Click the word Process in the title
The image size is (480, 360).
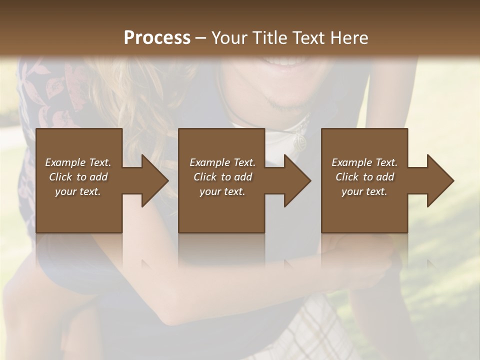pyautogui.click(x=157, y=38)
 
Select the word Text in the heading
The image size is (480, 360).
pyautogui.click(x=308, y=38)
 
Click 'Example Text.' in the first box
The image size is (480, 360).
pyautogui.click(x=78, y=162)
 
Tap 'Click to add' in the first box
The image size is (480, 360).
pyautogui.click(x=78, y=177)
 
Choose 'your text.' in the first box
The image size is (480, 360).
pyautogui.click(x=78, y=191)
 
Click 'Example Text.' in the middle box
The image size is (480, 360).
pyautogui.click(x=222, y=162)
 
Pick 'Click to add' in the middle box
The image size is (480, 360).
pyautogui.click(x=222, y=177)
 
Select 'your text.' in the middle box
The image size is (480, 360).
pyautogui.click(x=222, y=191)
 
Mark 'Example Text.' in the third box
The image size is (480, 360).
pyautogui.click(x=364, y=162)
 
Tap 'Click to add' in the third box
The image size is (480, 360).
pyautogui.click(x=364, y=177)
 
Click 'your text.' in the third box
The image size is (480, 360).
pyautogui.click(x=364, y=191)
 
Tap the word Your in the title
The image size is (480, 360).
pyautogui.click(x=227, y=38)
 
